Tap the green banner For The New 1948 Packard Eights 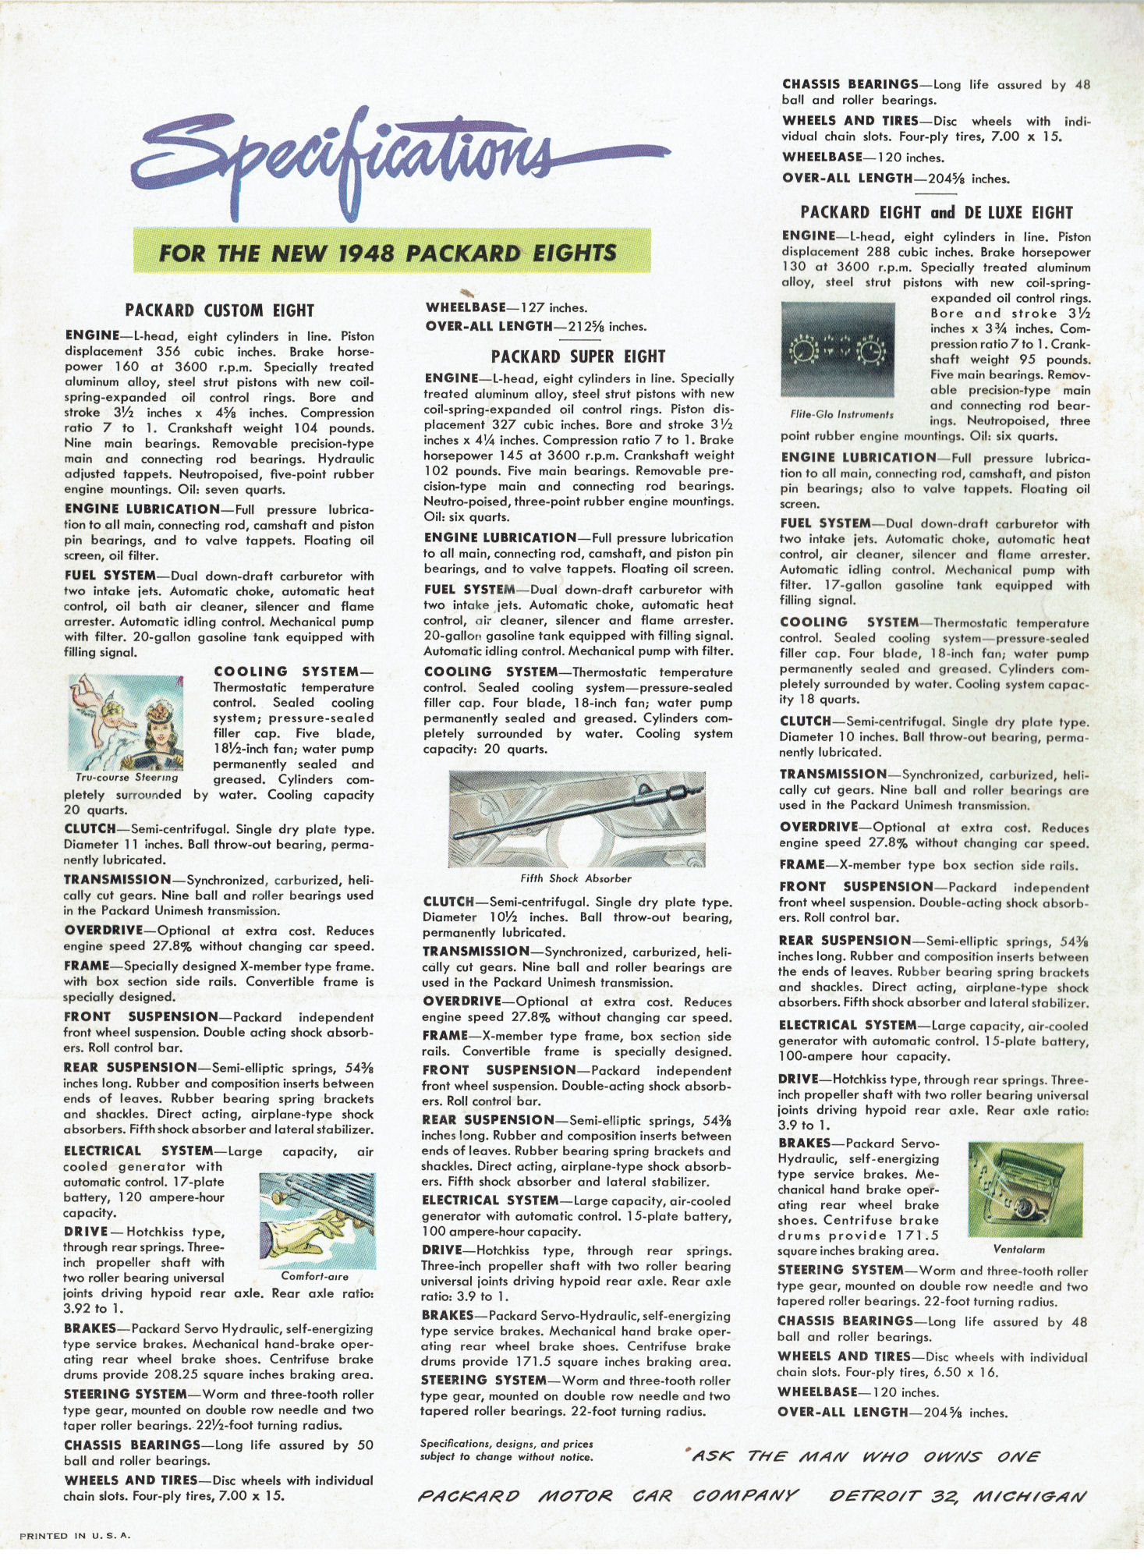pyautogui.click(x=388, y=253)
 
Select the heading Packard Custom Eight pyautogui.click(x=219, y=310)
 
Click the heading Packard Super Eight pyautogui.click(x=578, y=357)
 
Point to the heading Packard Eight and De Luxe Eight pyautogui.click(x=936, y=213)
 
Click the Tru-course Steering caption pyautogui.click(x=127, y=778)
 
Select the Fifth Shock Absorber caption pyautogui.click(x=576, y=878)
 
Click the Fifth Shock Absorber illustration pyautogui.click(x=576, y=819)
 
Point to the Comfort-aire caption pyautogui.click(x=315, y=1277)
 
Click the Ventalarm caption pyautogui.click(x=1019, y=1250)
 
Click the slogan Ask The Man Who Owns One pyautogui.click(x=866, y=1456)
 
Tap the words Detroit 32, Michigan pyautogui.click(x=957, y=1495)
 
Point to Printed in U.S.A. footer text pyautogui.click(x=75, y=1536)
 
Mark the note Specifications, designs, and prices pyautogui.click(x=506, y=1444)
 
